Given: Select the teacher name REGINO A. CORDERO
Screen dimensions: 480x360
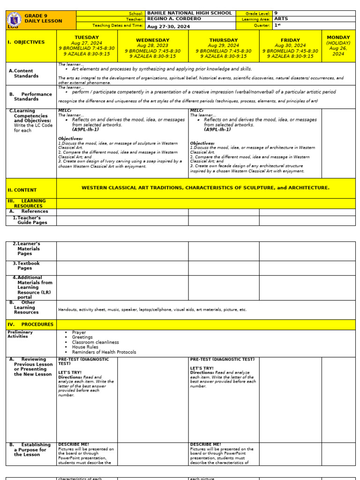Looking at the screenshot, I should tap(174, 19).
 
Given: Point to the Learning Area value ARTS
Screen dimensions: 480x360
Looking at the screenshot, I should tap(281, 19).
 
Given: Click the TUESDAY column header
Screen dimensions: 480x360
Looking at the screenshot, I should tap(87, 37).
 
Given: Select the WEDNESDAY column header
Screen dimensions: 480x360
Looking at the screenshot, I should tap(152, 40).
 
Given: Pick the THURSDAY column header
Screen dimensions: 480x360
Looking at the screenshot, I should tap(223, 40).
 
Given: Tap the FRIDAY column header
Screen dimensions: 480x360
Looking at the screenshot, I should tap(290, 40).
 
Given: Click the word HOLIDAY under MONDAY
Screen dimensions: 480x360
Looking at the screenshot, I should tap(338, 43).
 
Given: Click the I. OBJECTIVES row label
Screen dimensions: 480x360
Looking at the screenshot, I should tap(26, 42).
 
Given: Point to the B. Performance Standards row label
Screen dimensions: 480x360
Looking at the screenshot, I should tap(31, 97).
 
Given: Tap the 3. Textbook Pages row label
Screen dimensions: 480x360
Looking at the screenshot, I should tap(29, 266).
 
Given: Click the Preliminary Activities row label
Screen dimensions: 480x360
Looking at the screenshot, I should tap(20, 334).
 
